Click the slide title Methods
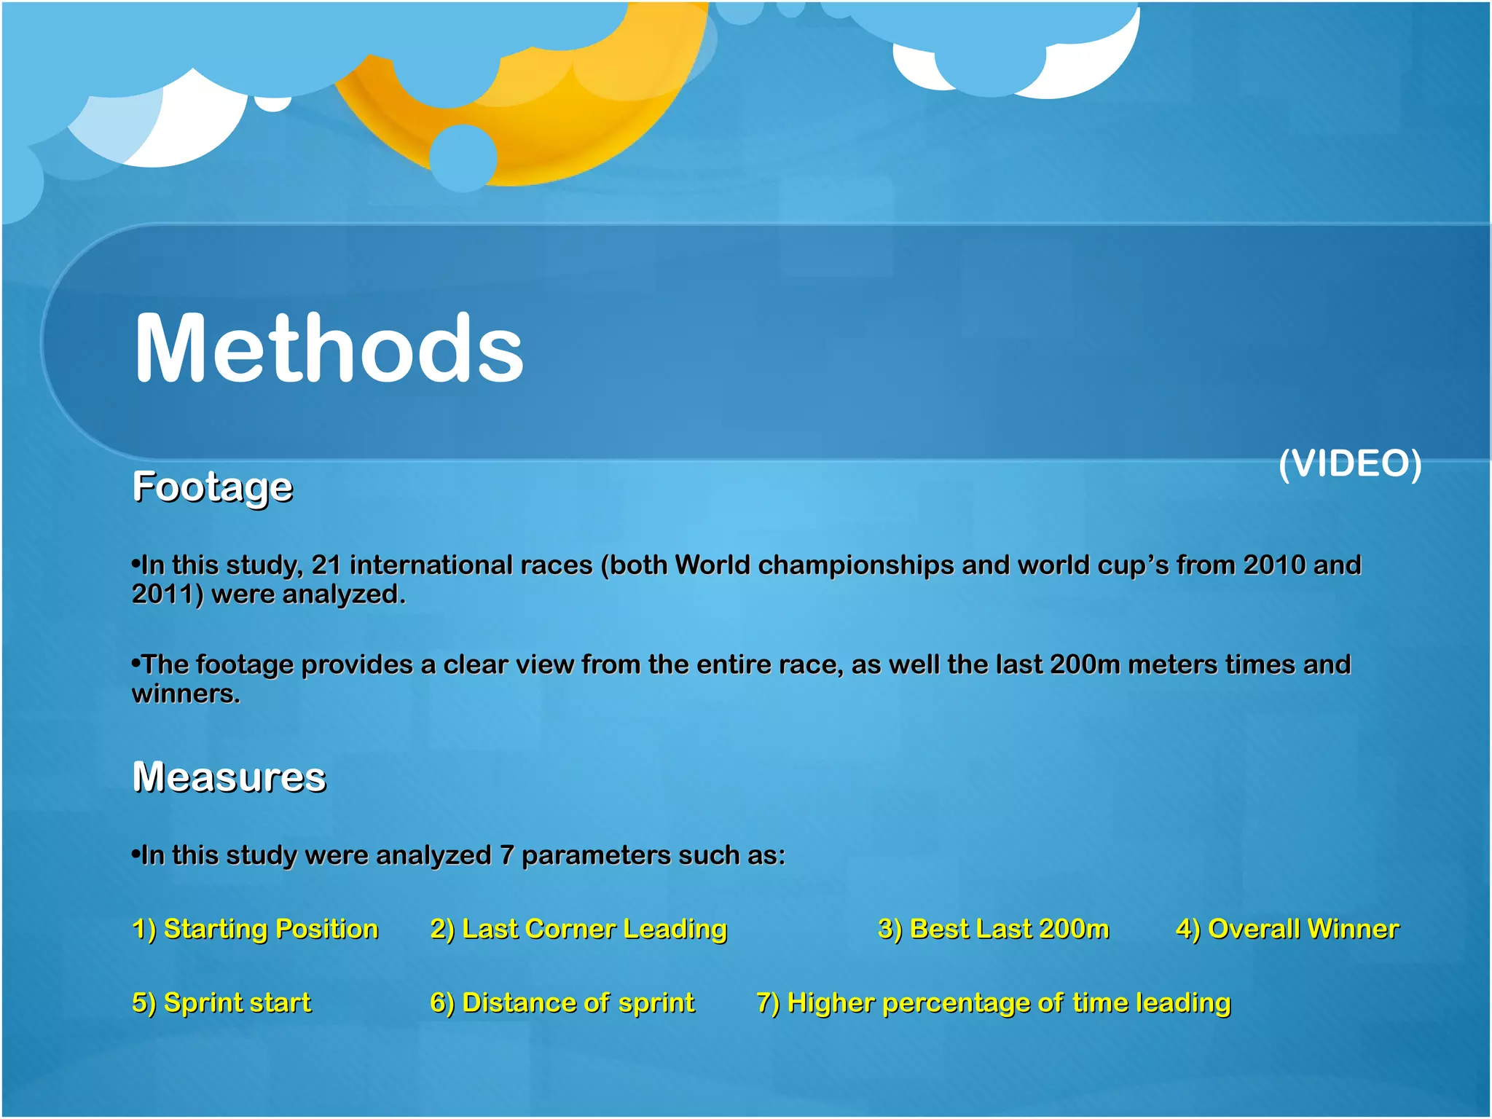tap(329, 348)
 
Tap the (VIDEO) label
tap(1350, 463)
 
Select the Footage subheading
tap(213, 487)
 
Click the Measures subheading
tap(229, 777)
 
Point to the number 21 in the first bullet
tap(326, 565)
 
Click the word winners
tap(186, 694)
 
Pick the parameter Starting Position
tap(256, 930)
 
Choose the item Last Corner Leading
tap(579, 930)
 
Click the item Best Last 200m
tap(994, 930)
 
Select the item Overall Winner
tap(1287, 930)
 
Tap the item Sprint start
tap(221, 1003)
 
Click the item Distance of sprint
tap(562, 1003)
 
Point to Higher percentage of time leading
tap(994, 1003)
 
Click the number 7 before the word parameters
tap(507, 855)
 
